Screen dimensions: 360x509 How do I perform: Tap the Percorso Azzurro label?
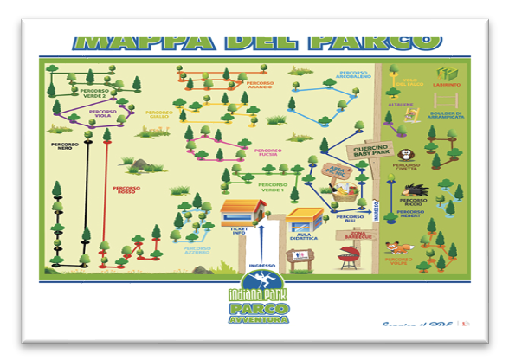point(197,250)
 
